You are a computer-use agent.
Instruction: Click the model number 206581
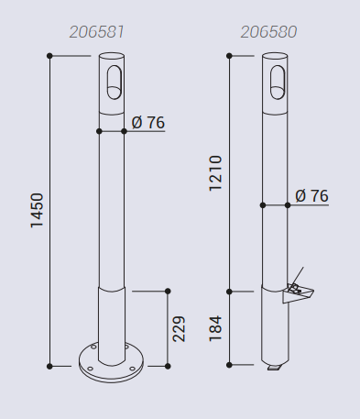96,32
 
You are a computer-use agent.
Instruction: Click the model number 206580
268,32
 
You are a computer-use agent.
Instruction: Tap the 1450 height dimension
37,210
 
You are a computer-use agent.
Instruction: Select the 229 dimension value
179,329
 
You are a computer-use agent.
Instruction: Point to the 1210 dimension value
215,173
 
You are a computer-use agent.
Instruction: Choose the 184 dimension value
215,328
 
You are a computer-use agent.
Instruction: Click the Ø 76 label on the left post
148,123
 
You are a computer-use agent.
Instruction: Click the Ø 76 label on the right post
311,196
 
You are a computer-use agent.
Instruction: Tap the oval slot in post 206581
115,83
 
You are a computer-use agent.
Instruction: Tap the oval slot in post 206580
278,83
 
